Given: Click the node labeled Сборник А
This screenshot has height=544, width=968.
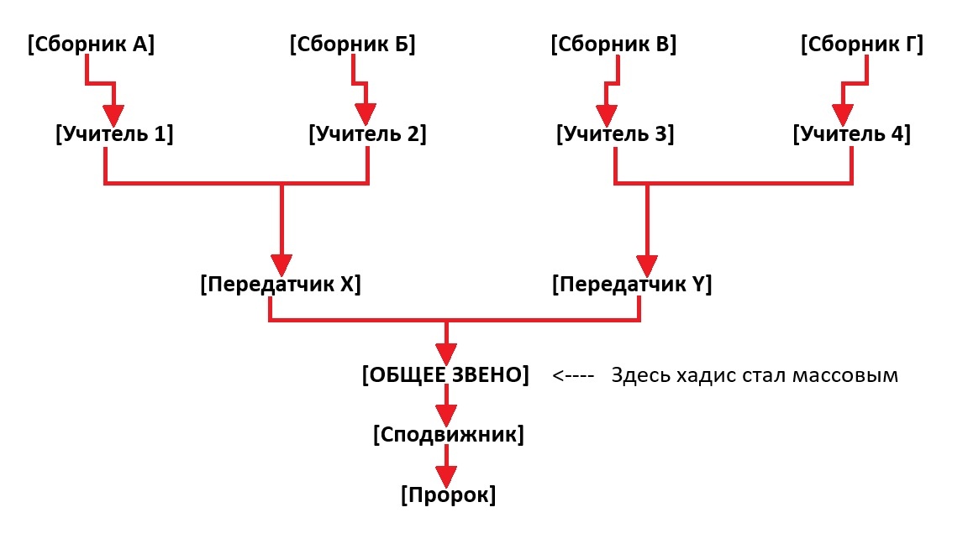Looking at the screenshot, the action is [91, 44].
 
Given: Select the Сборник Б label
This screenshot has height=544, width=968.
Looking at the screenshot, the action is [353, 44].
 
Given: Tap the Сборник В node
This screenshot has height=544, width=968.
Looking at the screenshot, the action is [613, 44].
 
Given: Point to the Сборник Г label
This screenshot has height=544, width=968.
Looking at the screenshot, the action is [862, 44].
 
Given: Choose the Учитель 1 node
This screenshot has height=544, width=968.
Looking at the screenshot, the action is [114, 133].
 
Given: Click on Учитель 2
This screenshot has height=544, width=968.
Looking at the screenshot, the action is [367, 133].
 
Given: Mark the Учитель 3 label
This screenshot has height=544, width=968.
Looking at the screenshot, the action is [615, 133].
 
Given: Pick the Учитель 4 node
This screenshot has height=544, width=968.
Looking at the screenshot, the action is [851, 133].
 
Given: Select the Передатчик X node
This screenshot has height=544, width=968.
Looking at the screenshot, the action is [281, 285].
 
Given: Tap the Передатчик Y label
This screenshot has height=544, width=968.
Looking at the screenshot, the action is [632, 285].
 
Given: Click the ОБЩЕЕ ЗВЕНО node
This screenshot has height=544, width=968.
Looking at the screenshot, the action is [445, 375].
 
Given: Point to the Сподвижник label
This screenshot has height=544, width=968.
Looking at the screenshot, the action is [448, 435].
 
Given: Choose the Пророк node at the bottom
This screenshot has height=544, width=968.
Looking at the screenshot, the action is [448, 494].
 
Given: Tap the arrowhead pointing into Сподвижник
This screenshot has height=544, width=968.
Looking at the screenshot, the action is [445, 415].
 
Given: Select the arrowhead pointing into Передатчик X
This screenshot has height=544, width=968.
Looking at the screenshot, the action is [281, 266].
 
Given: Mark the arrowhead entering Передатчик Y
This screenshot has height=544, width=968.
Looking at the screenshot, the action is [647, 266].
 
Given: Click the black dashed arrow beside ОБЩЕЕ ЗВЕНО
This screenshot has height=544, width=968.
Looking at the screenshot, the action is [573, 375].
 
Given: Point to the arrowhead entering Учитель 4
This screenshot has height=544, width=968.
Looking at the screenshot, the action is [843, 115].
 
